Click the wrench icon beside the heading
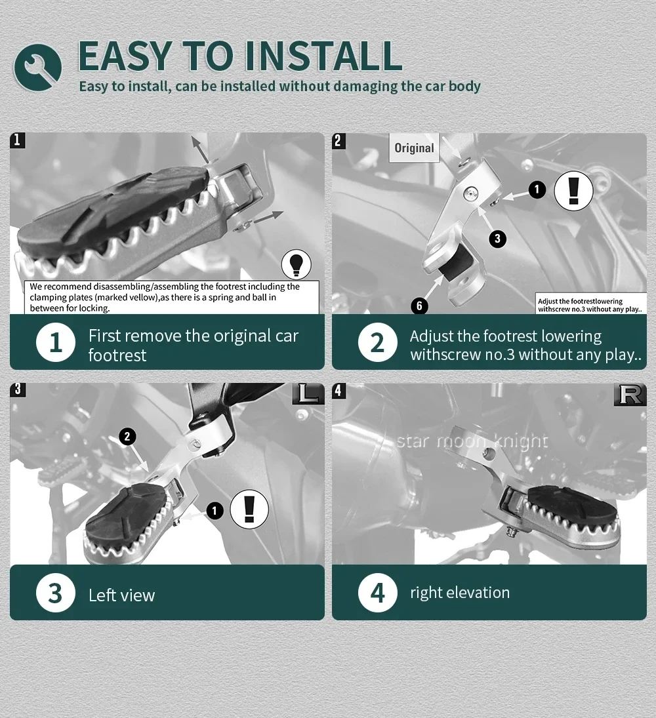tap(37, 67)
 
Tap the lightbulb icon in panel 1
tap(296, 264)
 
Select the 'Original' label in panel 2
tap(414, 148)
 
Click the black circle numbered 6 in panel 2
tap(419, 306)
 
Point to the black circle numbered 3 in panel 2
tap(497, 238)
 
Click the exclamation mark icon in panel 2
tap(573, 191)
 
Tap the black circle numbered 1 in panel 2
tap(537, 189)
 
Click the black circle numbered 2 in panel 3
tap(127, 437)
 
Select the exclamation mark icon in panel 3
tap(249, 509)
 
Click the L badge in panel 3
tap(308, 394)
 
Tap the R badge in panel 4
tap(630, 395)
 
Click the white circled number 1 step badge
tap(56, 342)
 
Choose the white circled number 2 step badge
tap(377, 342)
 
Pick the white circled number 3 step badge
tap(55, 593)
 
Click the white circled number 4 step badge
tap(377, 593)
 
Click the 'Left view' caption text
tap(121, 595)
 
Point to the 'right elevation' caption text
tap(460, 593)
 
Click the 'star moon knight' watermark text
tap(472, 441)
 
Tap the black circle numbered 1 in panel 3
tap(215, 511)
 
